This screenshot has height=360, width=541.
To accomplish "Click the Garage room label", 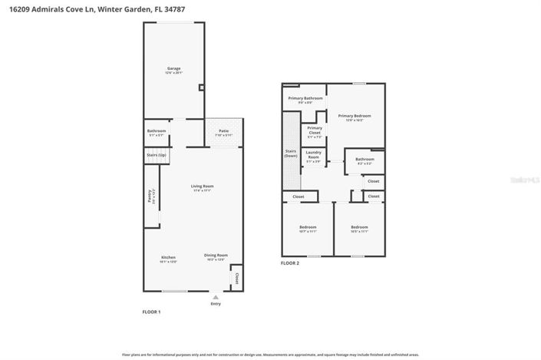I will (173, 68).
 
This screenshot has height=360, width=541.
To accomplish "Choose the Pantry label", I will (150, 195).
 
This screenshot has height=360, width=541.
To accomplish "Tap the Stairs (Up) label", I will (157, 155).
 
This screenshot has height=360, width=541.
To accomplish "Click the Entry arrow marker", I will (216, 296).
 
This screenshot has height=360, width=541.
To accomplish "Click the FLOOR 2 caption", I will (290, 263).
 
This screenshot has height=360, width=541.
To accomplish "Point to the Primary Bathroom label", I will (305, 98).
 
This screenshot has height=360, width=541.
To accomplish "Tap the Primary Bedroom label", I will (355, 116).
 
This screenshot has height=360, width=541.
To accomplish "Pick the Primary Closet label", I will (315, 130).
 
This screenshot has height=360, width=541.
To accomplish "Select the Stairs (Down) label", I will (291, 154).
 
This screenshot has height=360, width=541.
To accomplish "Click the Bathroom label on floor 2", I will (365, 160).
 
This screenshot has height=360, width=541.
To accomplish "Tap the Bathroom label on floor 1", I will (157, 131).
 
